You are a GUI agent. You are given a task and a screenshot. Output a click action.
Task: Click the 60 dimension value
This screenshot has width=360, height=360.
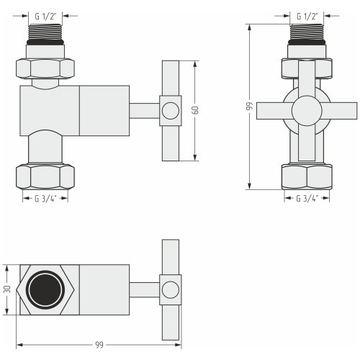[196, 110]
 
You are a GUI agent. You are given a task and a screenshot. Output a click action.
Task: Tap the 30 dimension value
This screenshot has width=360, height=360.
[7, 289]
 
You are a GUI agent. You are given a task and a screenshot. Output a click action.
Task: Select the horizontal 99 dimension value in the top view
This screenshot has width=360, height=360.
[99, 345]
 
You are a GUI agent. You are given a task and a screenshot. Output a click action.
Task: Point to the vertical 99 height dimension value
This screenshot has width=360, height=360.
[250, 106]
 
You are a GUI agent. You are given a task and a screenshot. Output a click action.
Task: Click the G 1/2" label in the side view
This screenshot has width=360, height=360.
[45, 17]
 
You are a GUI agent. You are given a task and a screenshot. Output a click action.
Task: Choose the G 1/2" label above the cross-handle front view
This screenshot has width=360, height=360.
[307, 17]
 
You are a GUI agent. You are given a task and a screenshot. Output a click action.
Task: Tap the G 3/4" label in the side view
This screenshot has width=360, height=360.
[45, 199]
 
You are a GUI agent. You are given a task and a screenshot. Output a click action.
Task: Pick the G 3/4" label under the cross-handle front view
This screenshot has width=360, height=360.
[307, 199]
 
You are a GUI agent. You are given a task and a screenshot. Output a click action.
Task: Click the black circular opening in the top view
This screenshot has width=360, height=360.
[45, 289]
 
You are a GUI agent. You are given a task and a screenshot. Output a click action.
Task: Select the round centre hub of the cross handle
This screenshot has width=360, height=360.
[307, 111]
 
